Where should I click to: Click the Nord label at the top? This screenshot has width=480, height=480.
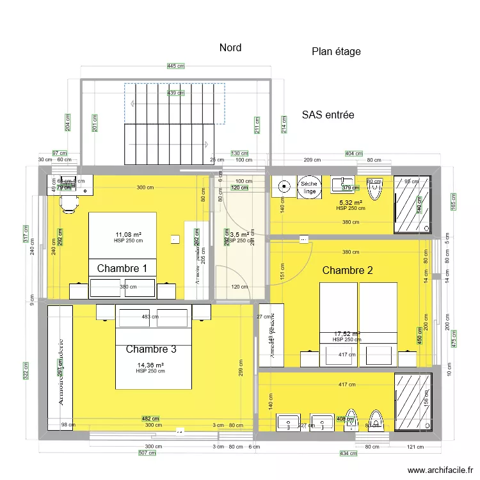[230, 48]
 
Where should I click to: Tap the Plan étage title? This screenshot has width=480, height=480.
[336, 52]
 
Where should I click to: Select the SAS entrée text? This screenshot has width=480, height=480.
[328, 115]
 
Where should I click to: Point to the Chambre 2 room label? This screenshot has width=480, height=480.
[348, 270]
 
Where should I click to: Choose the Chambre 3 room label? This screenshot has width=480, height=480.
[151, 349]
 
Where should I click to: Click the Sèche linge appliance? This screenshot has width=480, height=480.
[310, 187]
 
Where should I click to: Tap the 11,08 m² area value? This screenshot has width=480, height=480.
[128, 234]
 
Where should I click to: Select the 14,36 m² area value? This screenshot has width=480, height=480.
[150, 365]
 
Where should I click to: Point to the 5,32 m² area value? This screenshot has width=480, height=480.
[350, 202]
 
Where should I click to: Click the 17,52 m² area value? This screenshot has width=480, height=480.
[348, 333]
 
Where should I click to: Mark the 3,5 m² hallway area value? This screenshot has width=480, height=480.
[241, 235]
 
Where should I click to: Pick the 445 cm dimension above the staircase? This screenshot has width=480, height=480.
[175, 66]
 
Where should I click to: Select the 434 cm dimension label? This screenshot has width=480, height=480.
[348, 454]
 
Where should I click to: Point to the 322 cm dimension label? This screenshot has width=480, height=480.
[26, 371]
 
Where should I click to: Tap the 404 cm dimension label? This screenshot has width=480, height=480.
[353, 154]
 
